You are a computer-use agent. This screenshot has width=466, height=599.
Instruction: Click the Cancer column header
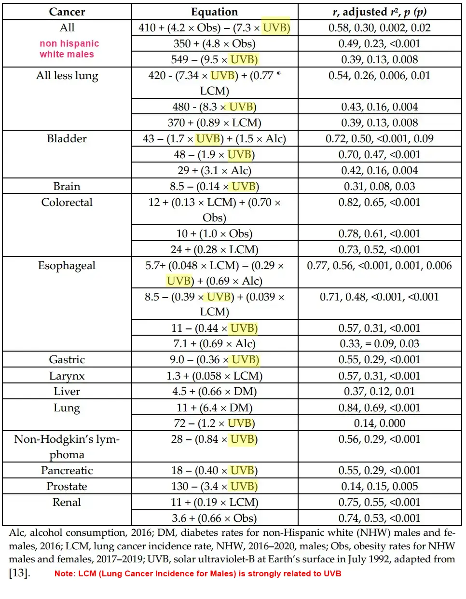click(67, 12)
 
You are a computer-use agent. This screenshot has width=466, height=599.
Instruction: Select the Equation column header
click(214, 12)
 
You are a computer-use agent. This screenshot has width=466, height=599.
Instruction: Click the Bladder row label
click(67, 138)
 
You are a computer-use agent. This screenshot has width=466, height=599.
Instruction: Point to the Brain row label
click(67, 186)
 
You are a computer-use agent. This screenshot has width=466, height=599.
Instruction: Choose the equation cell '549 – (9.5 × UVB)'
click(214, 59)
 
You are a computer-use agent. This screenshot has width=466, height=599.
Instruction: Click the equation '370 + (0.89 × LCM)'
click(214, 123)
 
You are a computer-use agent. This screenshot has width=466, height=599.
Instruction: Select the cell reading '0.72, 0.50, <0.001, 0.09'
click(379, 138)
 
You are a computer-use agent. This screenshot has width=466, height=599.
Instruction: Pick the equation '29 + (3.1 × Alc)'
click(214, 170)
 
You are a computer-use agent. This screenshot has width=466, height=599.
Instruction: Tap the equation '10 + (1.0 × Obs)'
click(214, 233)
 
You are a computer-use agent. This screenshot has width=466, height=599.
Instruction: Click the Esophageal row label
click(67, 265)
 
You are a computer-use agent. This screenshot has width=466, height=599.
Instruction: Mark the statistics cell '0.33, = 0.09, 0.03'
click(379, 343)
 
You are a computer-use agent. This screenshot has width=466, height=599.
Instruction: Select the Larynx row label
click(67, 376)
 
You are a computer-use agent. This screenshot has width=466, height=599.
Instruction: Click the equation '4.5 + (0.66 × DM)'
click(214, 391)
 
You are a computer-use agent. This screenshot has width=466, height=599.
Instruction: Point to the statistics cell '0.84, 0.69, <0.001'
click(379, 408)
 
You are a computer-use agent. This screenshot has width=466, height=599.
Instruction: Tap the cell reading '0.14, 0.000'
click(379, 423)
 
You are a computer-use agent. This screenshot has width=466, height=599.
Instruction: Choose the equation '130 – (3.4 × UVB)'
click(214, 486)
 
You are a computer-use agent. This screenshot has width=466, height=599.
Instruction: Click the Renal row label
click(67, 502)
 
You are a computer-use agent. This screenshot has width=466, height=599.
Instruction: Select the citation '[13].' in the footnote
click(19, 573)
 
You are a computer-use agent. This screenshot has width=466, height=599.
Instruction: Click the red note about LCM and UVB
click(198, 573)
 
